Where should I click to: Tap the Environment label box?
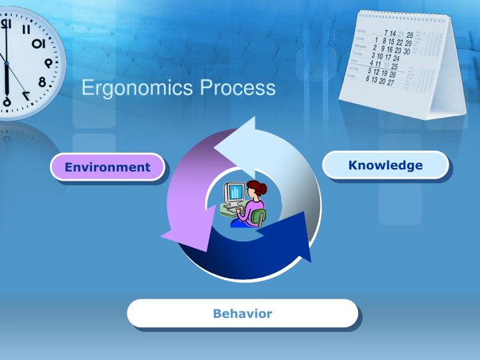pos(107,167)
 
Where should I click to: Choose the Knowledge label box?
pos(385,165)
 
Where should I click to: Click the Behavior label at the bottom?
pos(242,313)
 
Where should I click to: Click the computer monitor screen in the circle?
pos(234,193)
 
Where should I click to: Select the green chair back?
pos(259,217)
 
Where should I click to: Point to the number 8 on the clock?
pos(42,83)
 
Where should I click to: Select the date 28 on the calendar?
pos(409,35)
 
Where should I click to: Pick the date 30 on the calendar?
pos(406,51)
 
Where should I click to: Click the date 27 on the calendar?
pos(390,83)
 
